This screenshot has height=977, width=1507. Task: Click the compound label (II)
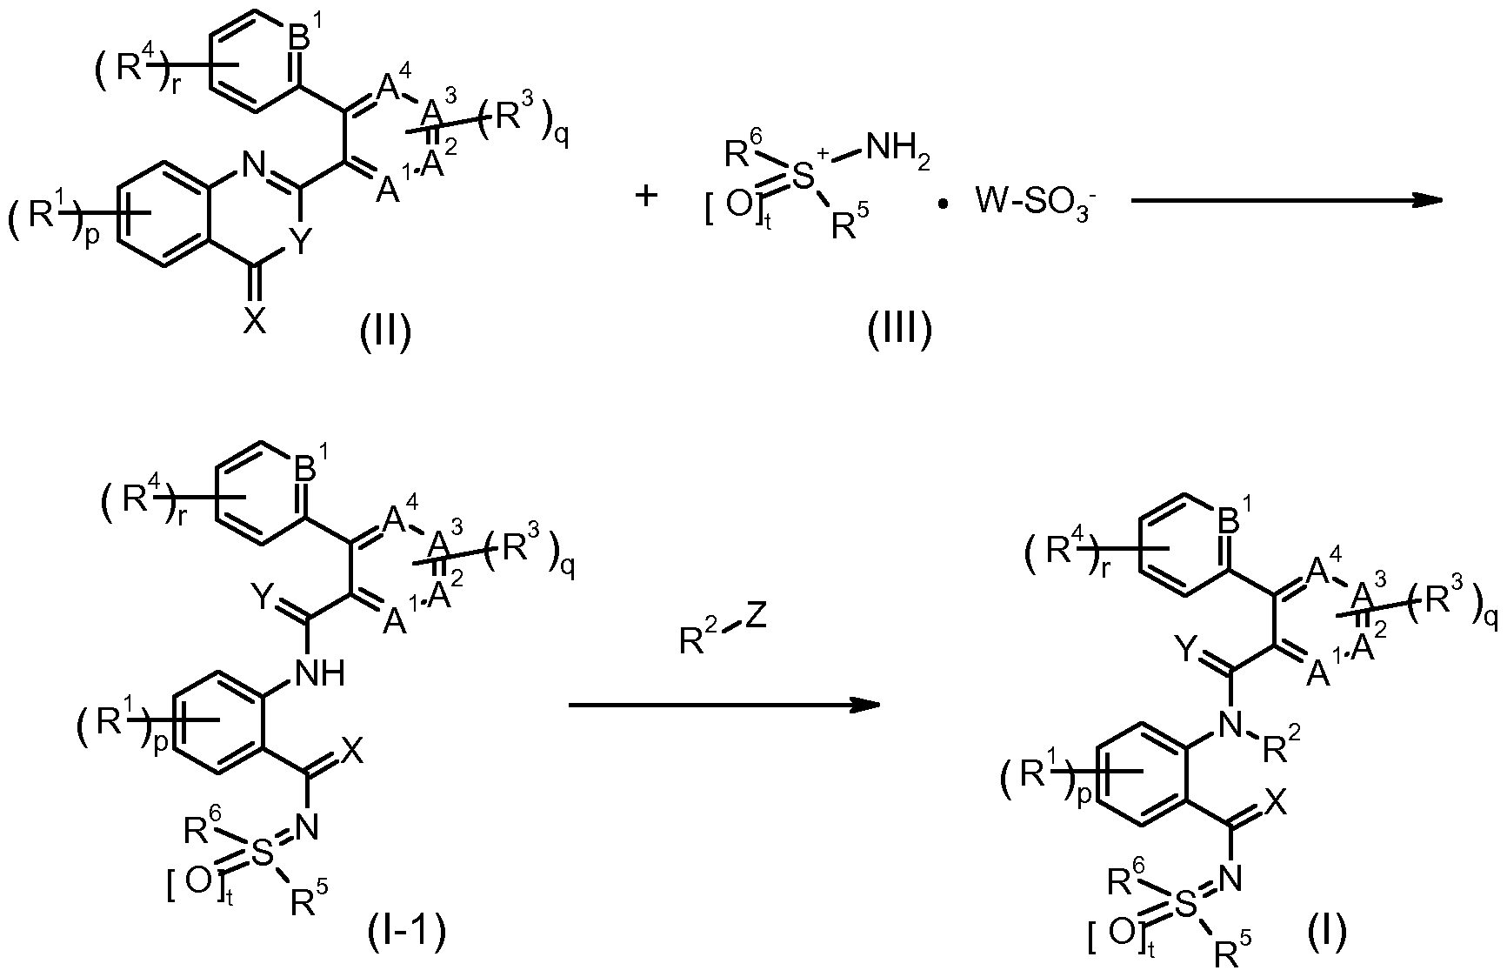coord(385,331)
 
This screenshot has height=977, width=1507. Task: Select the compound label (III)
coord(899,331)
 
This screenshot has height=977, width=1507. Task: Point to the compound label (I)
coord(1327,932)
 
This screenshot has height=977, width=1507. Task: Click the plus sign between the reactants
coord(646,196)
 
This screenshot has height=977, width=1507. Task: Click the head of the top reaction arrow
coord(1428,200)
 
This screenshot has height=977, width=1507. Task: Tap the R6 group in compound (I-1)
coord(202,825)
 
